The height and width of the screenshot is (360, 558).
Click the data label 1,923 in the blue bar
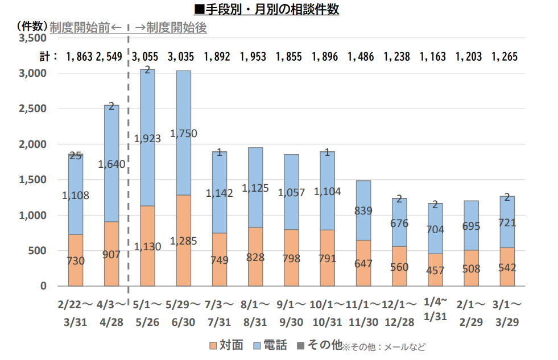pos(147,138)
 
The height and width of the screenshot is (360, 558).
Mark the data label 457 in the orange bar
pos(435,270)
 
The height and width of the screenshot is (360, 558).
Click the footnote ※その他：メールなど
pos(383,346)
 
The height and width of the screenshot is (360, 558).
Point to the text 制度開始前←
pos(86,27)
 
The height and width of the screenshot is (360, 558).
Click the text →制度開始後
pos(170,27)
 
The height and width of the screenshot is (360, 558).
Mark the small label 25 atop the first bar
pos(76,155)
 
